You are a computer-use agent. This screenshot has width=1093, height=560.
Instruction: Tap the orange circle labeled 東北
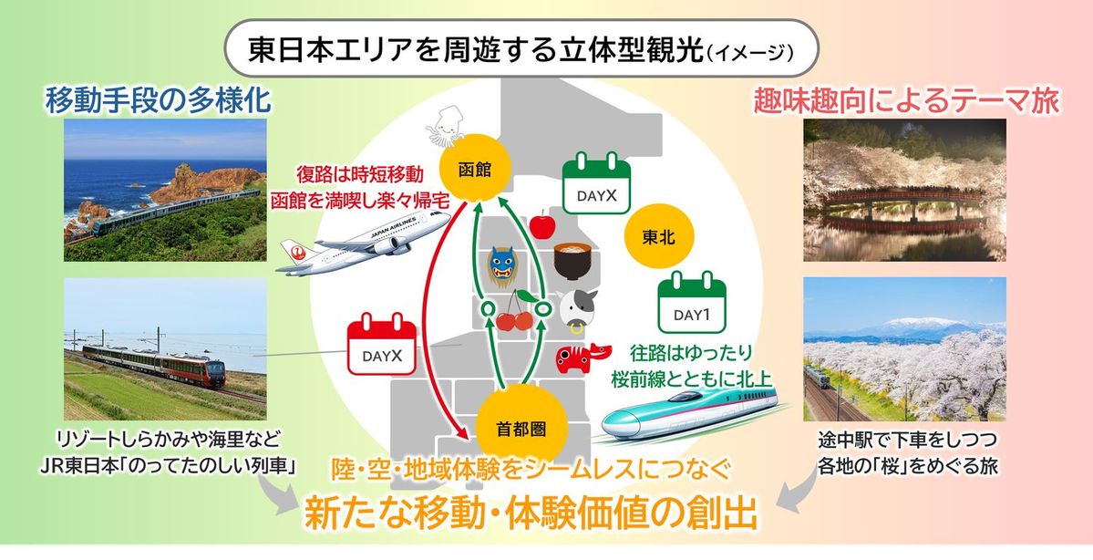[656, 236]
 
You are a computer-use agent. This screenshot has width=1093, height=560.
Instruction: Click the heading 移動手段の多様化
[159, 100]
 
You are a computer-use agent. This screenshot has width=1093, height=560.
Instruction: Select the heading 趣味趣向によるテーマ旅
[905, 101]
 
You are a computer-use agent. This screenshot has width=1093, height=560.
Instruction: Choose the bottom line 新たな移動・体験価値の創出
[531, 513]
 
